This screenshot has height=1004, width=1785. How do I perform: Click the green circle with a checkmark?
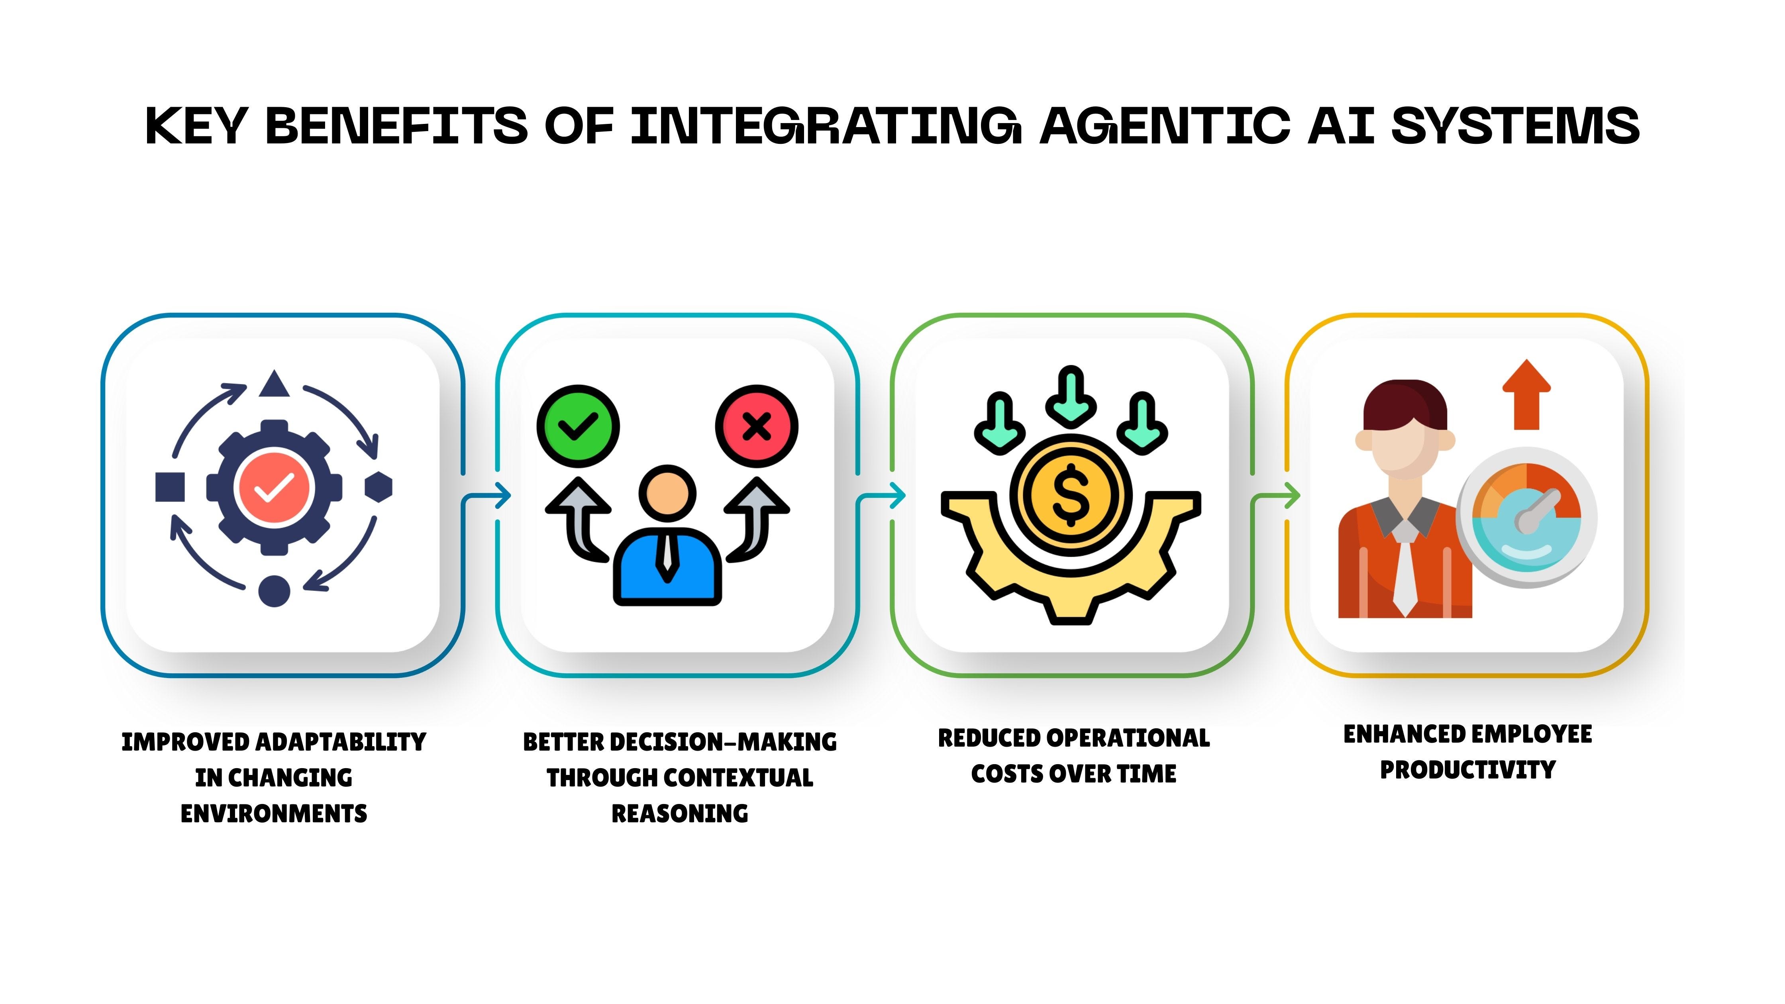(x=578, y=426)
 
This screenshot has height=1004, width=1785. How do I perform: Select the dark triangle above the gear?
(x=275, y=384)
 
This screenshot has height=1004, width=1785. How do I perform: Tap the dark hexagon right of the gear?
(x=379, y=487)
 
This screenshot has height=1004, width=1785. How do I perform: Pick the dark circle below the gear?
(x=275, y=591)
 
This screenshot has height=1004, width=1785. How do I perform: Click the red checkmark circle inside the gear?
(x=275, y=487)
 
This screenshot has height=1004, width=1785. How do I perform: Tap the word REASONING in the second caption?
(x=680, y=814)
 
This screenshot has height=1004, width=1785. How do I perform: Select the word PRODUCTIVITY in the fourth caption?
(x=1467, y=770)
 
